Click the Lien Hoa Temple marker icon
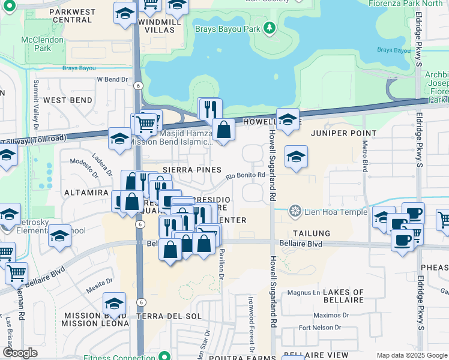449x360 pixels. point(295,211)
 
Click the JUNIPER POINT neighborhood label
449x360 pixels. point(344,133)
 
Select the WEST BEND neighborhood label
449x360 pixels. point(68,100)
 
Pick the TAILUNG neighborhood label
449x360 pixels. point(312,233)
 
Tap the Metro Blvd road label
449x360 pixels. point(364,155)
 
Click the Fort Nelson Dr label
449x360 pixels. point(319,328)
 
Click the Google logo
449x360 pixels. point(20,353)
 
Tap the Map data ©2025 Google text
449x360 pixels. point(411,355)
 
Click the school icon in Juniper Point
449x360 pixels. point(296,157)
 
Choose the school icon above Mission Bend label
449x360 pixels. point(114,304)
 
